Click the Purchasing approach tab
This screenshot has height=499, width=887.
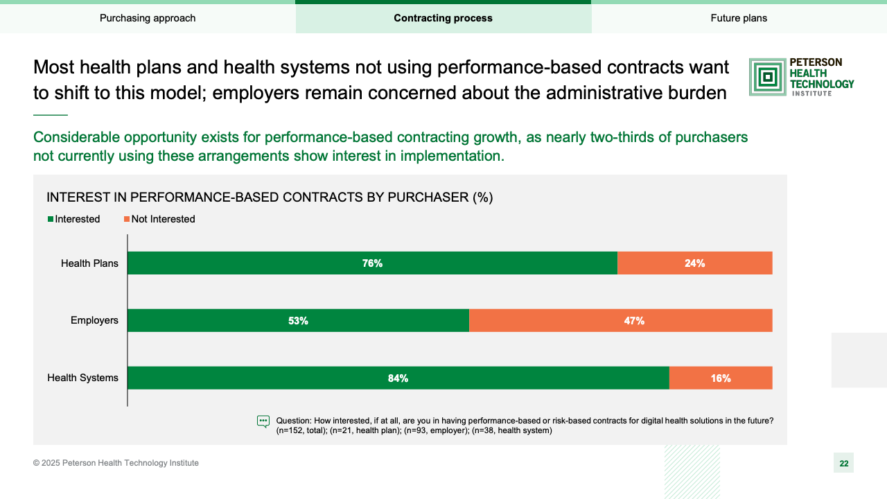point(148,18)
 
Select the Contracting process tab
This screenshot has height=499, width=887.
point(443,18)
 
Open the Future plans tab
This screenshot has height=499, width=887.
point(739,18)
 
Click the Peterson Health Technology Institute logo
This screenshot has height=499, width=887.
point(802,76)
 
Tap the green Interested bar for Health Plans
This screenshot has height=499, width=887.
point(372,263)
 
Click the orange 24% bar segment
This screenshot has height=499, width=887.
point(694,263)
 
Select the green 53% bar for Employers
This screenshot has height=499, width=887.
point(298,321)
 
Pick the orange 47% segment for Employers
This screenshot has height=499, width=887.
point(620,321)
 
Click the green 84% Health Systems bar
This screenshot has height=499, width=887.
point(398,378)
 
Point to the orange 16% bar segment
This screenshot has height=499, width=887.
point(721,378)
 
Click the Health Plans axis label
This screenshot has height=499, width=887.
point(89,263)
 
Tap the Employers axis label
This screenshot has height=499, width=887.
point(94,320)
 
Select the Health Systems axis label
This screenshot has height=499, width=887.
point(82,378)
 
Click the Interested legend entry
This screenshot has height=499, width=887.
point(74,219)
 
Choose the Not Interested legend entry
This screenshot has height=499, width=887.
point(159,219)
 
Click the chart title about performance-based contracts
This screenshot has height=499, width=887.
point(270,198)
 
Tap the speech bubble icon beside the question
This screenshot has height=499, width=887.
point(263,421)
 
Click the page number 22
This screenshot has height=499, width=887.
point(843,463)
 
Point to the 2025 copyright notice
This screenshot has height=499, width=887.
point(116,463)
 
